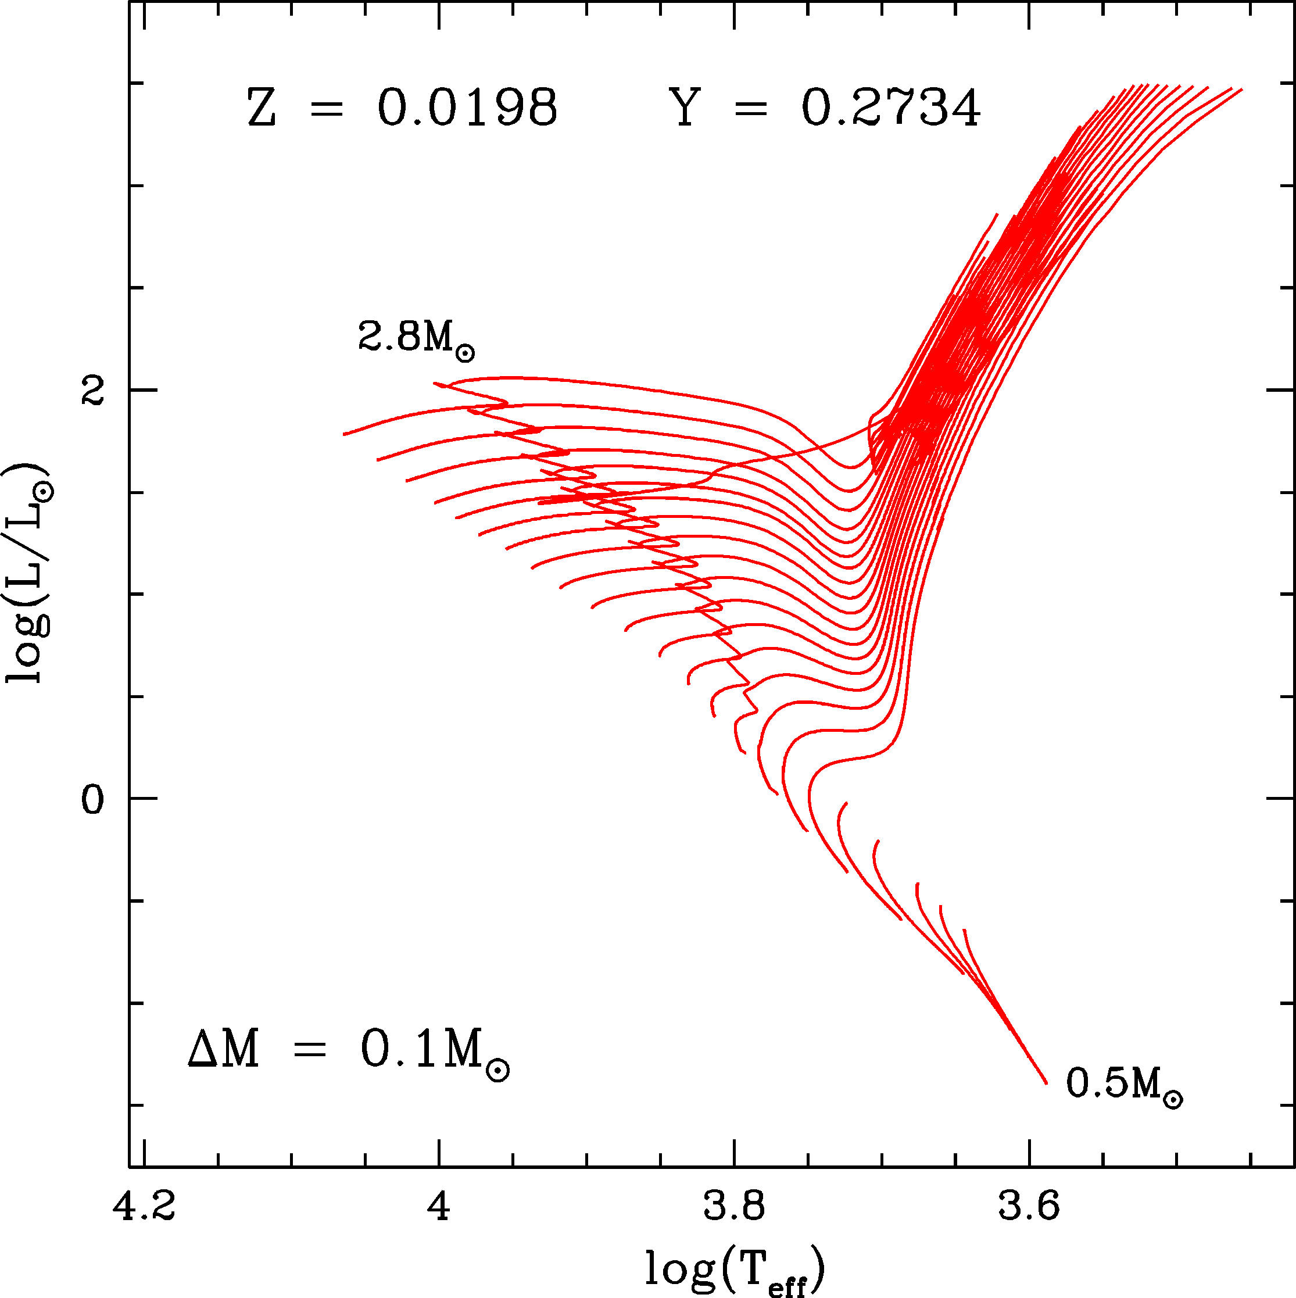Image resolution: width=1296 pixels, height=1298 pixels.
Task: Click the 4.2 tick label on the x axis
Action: (144, 1207)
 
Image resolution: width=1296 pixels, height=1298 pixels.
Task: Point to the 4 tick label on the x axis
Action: (439, 1207)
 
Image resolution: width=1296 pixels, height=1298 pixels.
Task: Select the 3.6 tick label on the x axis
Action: (1028, 1207)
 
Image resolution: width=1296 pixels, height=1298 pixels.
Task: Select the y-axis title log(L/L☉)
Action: (28, 573)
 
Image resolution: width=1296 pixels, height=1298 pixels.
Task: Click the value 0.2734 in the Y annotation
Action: (890, 108)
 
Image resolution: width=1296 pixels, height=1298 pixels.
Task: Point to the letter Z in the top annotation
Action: (261, 108)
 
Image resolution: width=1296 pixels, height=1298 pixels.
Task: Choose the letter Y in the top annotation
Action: (685, 108)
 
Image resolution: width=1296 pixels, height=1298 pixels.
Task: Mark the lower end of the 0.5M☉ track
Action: (1046, 1082)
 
